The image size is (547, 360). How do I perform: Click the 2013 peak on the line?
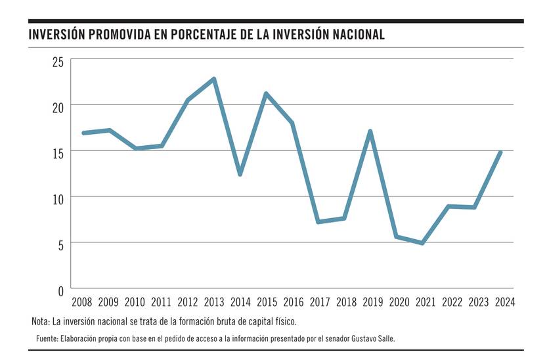click(214, 79)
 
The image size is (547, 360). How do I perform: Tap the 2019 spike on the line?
click(371, 131)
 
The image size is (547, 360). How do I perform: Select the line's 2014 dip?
click(240, 174)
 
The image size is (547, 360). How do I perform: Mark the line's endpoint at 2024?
click(501, 152)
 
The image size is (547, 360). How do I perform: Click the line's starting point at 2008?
click(83, 133)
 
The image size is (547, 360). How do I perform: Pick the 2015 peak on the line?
click(266, 94)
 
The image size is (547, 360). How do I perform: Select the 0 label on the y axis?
click(60, 289)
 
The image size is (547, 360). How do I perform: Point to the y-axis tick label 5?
click(60, 244)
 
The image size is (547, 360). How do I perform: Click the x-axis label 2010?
click(135, 302)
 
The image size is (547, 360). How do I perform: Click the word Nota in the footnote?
click(41, 322)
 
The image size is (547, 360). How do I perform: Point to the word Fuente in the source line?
click(47, 338)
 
